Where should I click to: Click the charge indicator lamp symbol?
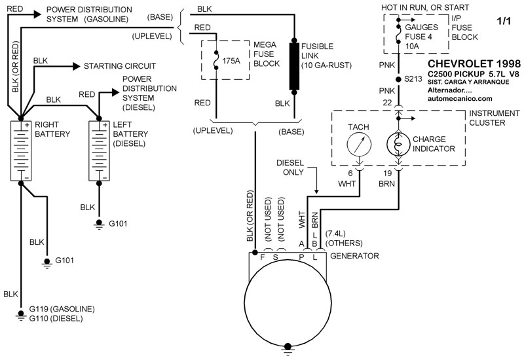click(399, 143)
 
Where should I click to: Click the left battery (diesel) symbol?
click(100, 151)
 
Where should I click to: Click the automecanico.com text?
click(458, 99)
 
